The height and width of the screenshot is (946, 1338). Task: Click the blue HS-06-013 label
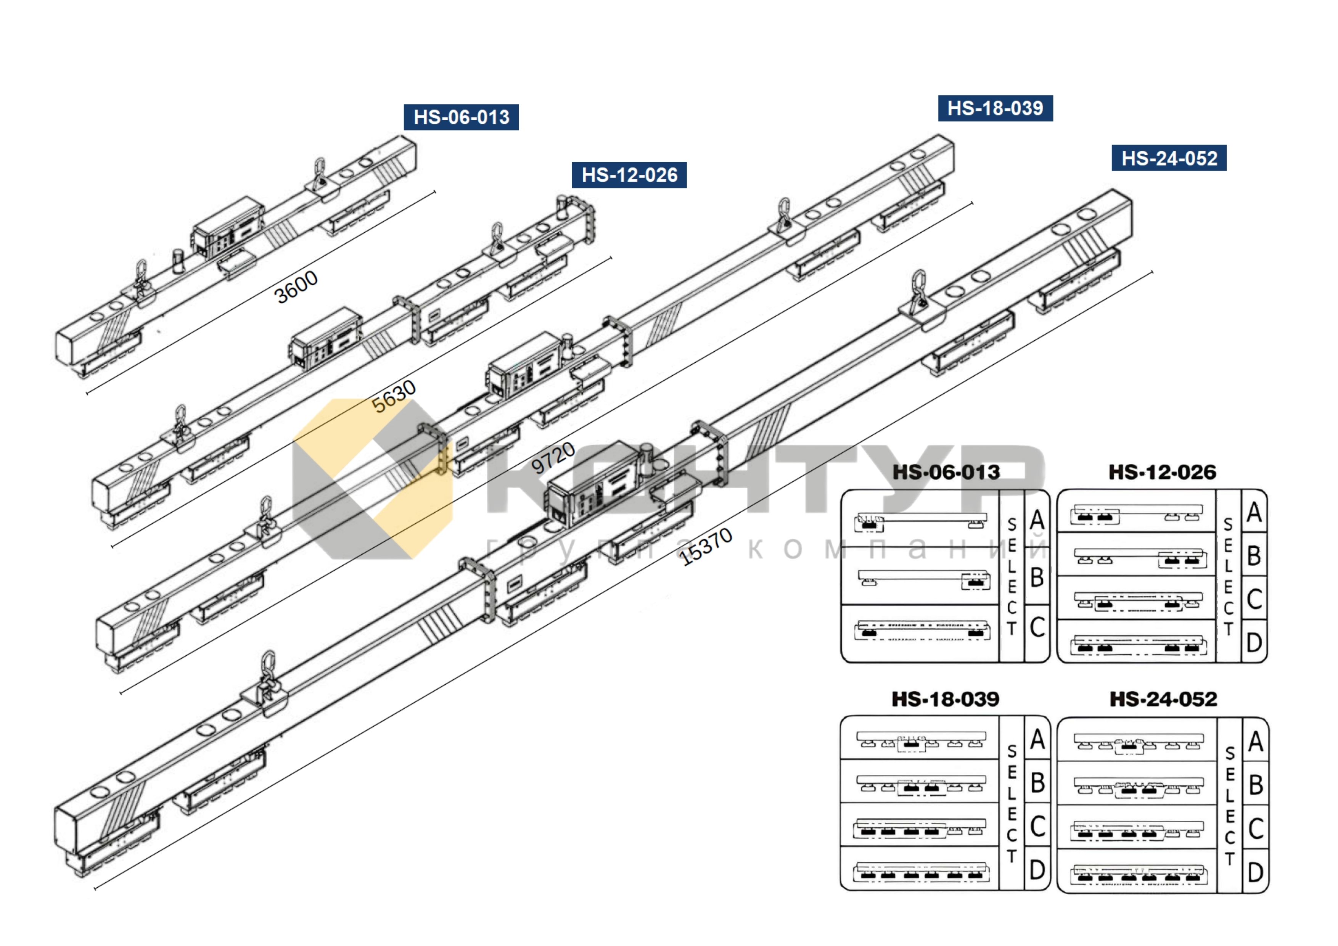461,117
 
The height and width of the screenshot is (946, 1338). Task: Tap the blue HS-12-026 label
629,175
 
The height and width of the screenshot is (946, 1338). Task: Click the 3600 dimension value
296,287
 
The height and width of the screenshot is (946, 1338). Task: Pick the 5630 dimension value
394,396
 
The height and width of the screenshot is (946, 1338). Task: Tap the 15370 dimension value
706,546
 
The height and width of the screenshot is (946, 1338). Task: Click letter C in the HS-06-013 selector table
1037,627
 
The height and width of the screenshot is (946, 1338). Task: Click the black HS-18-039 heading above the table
945,699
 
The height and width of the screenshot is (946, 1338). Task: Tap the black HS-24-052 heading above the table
1163,699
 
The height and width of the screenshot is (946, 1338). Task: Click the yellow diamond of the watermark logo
373,478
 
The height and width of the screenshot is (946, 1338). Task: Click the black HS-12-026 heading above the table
1162,472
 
